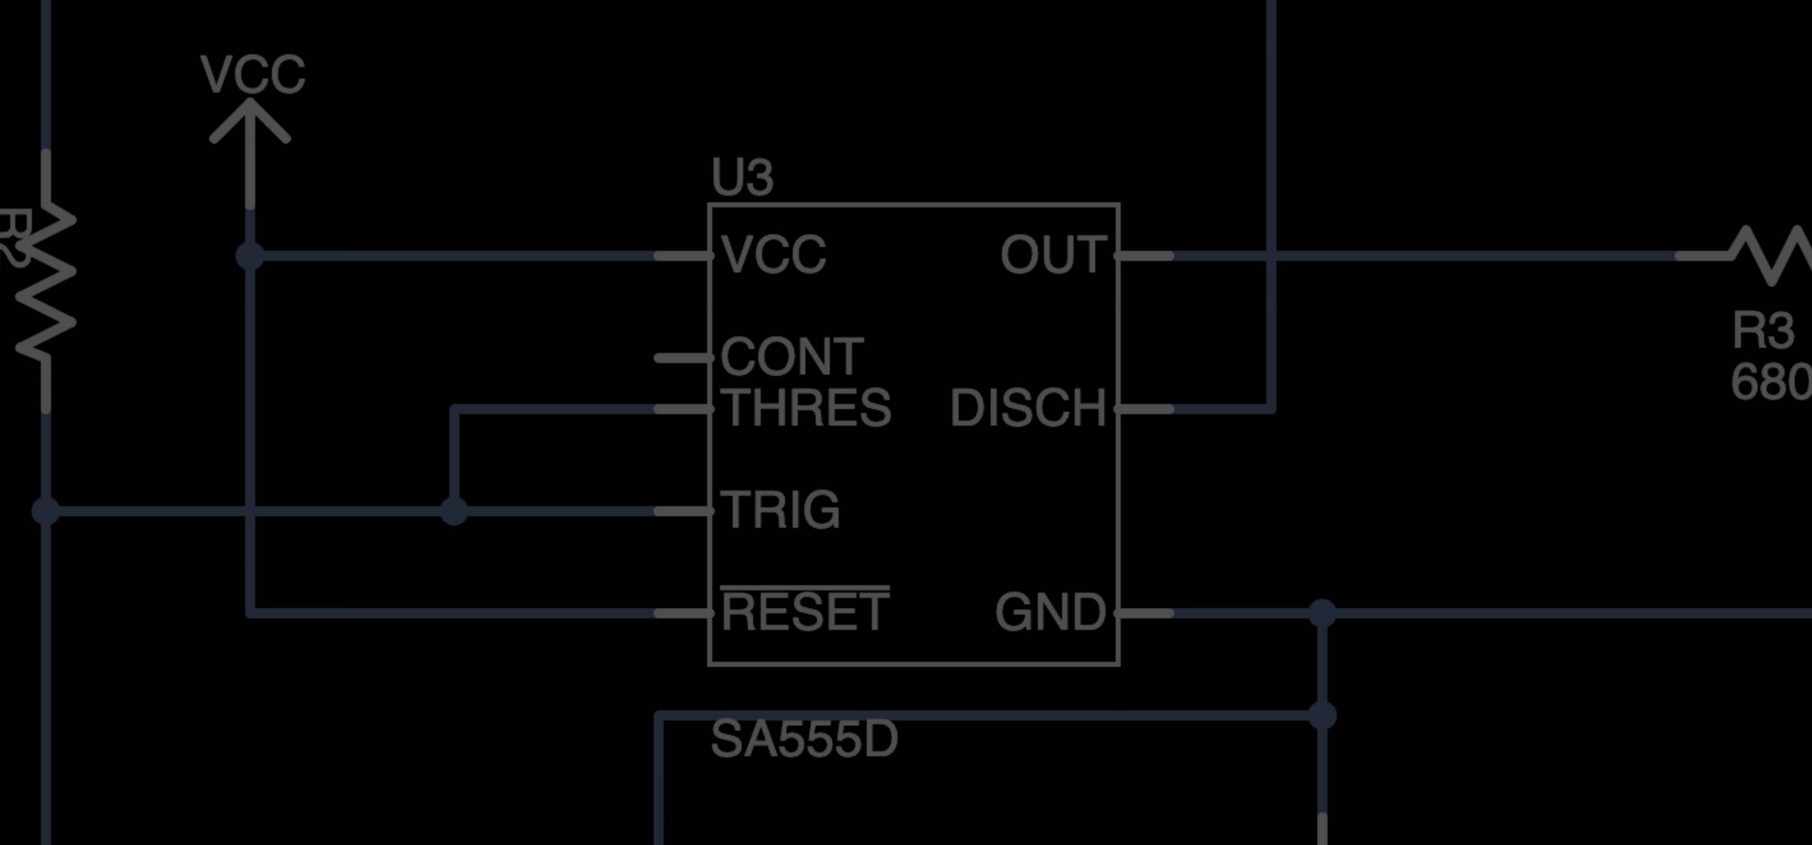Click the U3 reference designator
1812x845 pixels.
click(742, 177)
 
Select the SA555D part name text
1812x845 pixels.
click(804, 740)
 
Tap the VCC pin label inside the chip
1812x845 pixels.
click(774, 255)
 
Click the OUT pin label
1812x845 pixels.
click(1054, 255)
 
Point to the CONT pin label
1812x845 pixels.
click(792, 357)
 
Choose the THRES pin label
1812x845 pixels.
click(806, 408)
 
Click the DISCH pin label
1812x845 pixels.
click(1028, 408)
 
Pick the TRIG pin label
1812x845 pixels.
click(781, 510)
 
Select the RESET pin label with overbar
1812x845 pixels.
click(805, 611)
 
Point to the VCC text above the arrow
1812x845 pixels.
click(253, 75)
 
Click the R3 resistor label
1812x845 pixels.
click(1763, 331)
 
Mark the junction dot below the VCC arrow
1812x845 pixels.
click(250, 255)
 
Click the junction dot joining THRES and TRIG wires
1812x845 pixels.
click(454, 511)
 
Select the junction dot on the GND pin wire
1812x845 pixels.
click(1322, 613)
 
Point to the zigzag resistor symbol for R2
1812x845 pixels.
click(46, 281)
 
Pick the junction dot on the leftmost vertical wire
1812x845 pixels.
click(46, 511)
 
